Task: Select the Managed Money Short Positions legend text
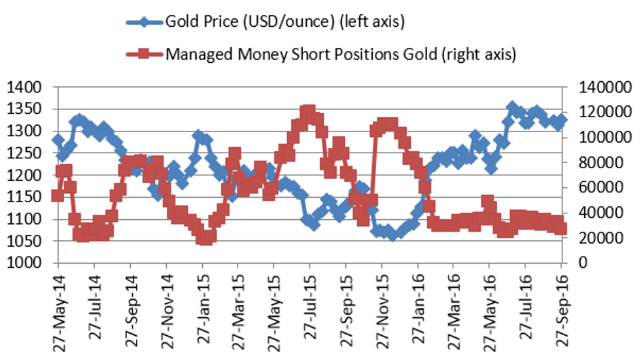tap(341, 54)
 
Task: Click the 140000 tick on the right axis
tap(601, 87)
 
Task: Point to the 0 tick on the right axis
tap(581, 263)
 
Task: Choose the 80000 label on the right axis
tap(598, 162)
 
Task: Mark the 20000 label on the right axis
tap(598, 238)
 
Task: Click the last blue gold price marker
tap(562, 120)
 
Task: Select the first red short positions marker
tap(58, 196)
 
